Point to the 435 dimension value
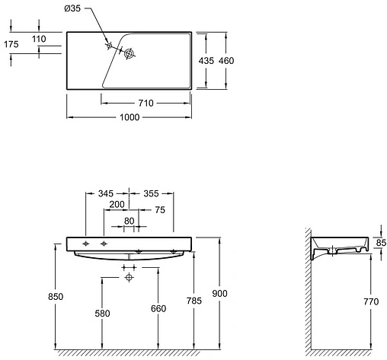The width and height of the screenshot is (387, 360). (x=206, y=59)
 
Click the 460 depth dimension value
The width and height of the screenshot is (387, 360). (x=226, y=59)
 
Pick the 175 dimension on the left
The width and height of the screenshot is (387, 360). (x=11, y=44)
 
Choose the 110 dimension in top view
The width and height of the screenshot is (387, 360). (x=40, y=38)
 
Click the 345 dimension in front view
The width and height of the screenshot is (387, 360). (x=106, y=194)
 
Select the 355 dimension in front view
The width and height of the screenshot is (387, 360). (x=152, y=194)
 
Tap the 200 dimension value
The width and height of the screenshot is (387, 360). (x=117, y=206)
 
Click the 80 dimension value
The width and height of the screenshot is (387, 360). (x=130, y=221)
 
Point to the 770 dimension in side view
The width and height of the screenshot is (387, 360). (x=372, y=302)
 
